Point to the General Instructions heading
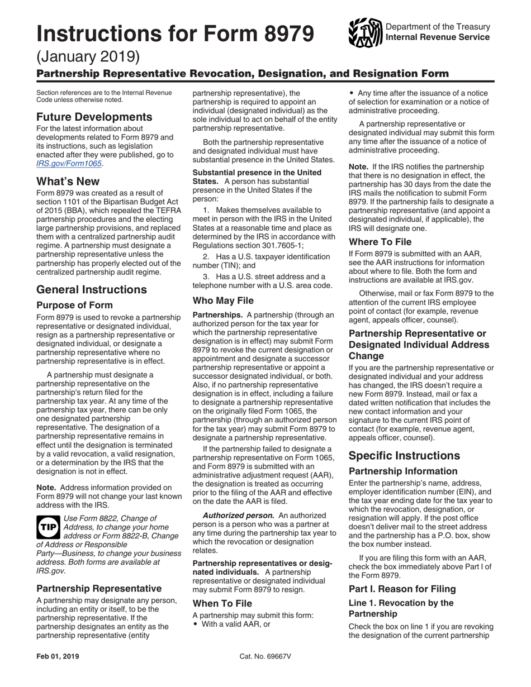tap(92, 289)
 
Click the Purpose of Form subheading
tap(74, 305)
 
